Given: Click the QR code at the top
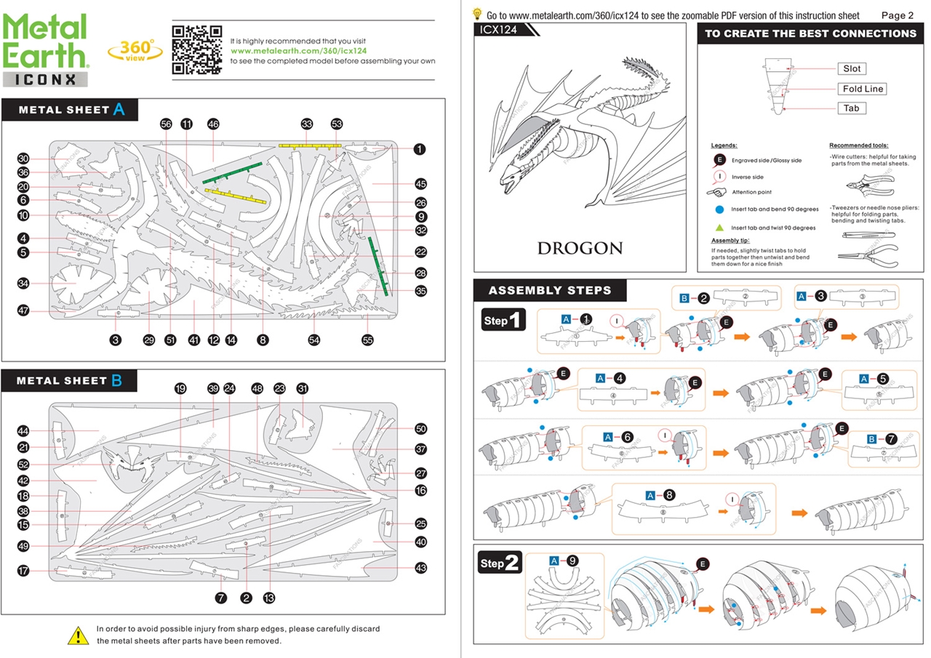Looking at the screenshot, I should pyautogui.click(x=196, y=49).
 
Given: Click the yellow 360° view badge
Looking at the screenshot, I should pyautogui.click(x=135, y=49).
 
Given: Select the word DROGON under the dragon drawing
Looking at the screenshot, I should pyautogui.click(x=580, y=248).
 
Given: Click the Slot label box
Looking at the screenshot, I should pyautogui.click(x=851, y=69).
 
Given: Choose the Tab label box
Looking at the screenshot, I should pyautogui.click(x=851, y=108).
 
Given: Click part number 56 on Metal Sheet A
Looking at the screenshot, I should pyautogui.click(x=166, y=124).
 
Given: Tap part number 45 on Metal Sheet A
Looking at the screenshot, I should pyautogui.click(x=420, y=184).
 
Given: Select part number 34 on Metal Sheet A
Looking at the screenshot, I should pyautogui.click(x=23, y=283).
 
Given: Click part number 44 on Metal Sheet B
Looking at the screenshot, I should pyautogui.click(x=23, y=431).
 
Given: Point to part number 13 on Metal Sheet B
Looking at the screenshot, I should pyautogui.click(x=269, y=598).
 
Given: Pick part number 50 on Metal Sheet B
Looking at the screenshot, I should pyautogui.click(x=420, y=429).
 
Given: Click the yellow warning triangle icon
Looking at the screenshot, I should pyautogui.click(x=78, y=635).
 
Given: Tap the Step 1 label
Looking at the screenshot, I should pyautogui.click(x=503, y=321).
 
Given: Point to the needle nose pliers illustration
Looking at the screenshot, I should pyautogui.click(x=868, y=250).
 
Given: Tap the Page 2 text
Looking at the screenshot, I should pyautogui.click(x=897, y=15).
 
